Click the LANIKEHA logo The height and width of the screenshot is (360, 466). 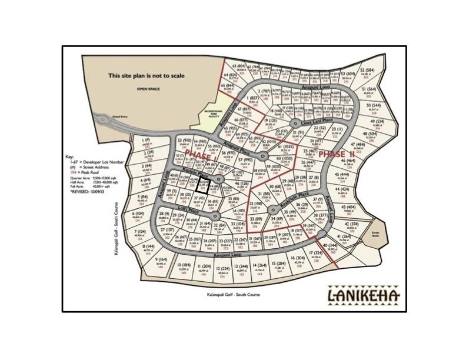point(362,294)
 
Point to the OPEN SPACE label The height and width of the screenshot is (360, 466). point(148,89)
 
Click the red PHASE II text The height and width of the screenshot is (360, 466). point(334,154)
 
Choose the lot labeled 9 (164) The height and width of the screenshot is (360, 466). point(159,264)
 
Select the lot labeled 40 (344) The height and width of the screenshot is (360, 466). point(330,247)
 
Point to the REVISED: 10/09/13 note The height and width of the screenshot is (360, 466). point(87,192)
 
